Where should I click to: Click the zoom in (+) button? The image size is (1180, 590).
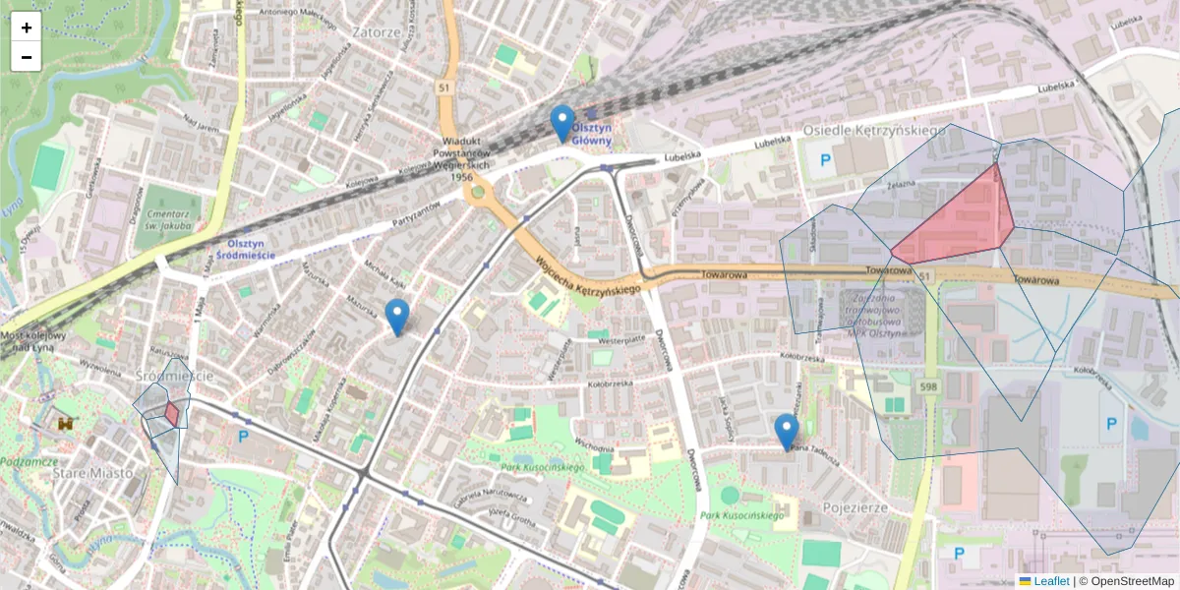[27, 28]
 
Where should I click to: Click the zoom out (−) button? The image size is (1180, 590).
[27, 57]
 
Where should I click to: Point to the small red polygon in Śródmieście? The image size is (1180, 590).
[172, 413]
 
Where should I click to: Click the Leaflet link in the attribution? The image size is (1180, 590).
[1049, 581]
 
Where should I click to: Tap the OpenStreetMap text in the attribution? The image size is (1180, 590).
[1132, 581]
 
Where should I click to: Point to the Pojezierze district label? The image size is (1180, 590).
[854, 507]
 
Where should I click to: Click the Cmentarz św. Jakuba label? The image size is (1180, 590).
[164, 218]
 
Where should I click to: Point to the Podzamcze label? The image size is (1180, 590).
[28, 461]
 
